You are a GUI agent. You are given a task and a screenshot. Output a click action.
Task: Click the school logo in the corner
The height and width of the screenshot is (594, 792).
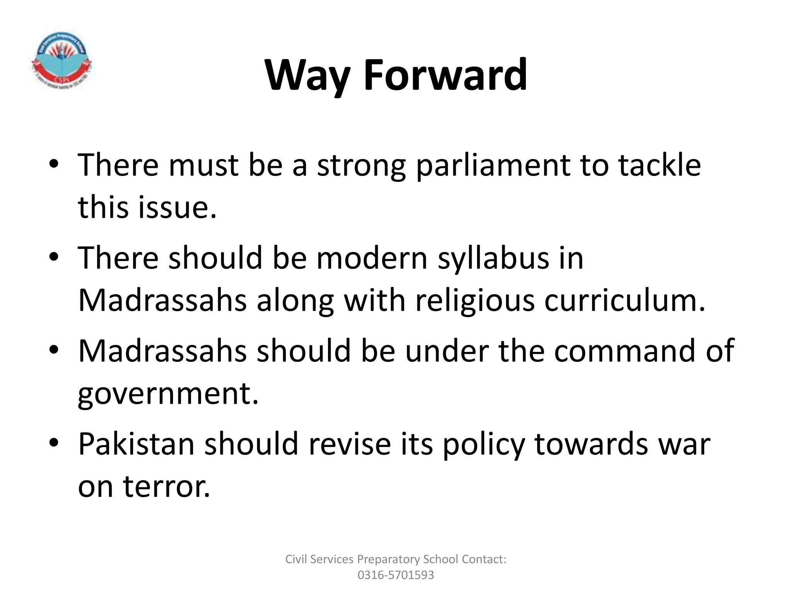tap(61, 60)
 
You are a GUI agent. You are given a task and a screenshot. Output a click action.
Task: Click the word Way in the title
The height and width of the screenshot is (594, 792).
tap(308, 75)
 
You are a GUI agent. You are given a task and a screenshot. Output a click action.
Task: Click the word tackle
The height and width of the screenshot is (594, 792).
tap(659, 165)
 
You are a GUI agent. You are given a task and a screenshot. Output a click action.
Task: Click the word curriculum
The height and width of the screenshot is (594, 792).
tap(625, 300)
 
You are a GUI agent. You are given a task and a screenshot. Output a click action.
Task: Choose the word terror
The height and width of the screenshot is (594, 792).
tap(167, 486)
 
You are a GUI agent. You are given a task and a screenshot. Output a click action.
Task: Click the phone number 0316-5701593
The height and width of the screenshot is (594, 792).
tap(396, 575)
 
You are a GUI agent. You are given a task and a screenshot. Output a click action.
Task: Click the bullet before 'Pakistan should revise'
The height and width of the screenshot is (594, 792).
tap(54, 442)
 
